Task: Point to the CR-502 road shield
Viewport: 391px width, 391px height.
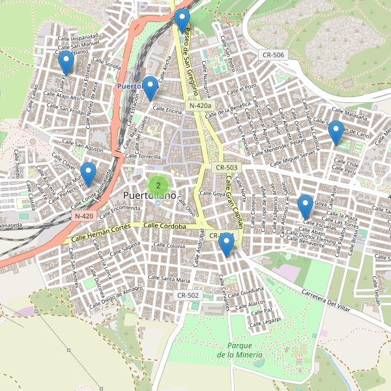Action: (x=188, y=295)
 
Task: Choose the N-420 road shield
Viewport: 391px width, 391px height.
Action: (x=84, y=216)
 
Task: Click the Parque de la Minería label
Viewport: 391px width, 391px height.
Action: (x=240, y=350)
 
